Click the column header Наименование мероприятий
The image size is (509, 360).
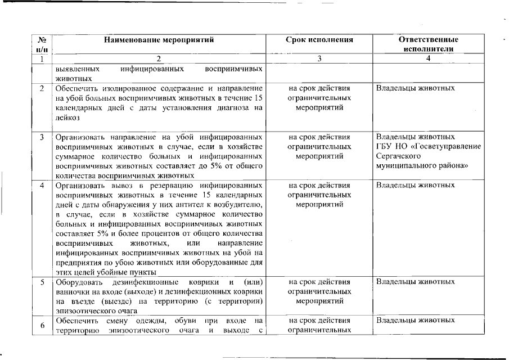coord(159,40)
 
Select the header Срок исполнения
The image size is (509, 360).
coord(319,40)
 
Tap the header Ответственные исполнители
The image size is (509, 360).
coord(428,44)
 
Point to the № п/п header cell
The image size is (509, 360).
coord(42,44)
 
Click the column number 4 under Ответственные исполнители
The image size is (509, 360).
coord(429,58)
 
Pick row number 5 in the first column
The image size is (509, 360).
coord(42,281)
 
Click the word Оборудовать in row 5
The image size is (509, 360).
coord(78,281)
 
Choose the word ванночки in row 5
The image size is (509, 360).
coord(72,291)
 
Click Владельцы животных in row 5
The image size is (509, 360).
coord(415,281)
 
